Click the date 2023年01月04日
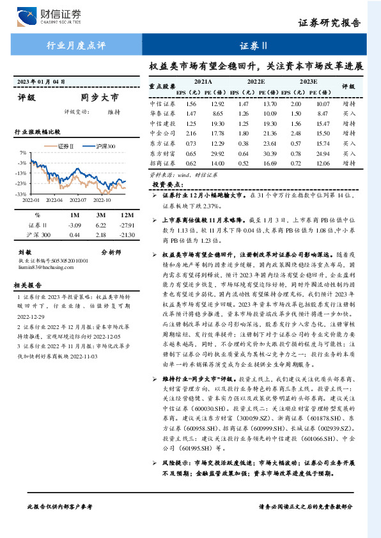[42, 82]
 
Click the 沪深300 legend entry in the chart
[104, 146]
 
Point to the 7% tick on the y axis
[22, 153]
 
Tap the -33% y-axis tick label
[21, 193]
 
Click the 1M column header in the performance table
[74, 215]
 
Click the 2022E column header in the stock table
[256, 82]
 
